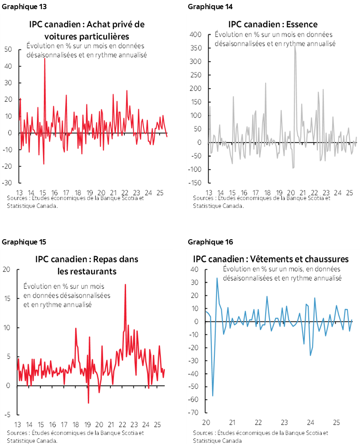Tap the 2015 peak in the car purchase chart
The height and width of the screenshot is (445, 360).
click(x=44, y=58)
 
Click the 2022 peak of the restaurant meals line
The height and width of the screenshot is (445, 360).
click(x=125, y=284)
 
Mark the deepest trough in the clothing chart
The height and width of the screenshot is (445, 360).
click(x=213, y=395)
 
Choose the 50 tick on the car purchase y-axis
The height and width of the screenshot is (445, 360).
click(x=8, y=50)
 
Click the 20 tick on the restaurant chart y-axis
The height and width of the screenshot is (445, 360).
click(x=6, y=270)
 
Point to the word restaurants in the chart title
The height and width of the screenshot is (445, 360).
click(x=87, y=271)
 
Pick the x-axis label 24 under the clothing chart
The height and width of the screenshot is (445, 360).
click(x=310, y=422)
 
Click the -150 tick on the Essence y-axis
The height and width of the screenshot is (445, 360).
click(x=195, y=183)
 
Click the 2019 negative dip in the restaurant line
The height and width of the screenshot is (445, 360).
click(x=88, y=403)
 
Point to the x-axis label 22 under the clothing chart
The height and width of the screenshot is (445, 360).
click(x=258, y=422)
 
